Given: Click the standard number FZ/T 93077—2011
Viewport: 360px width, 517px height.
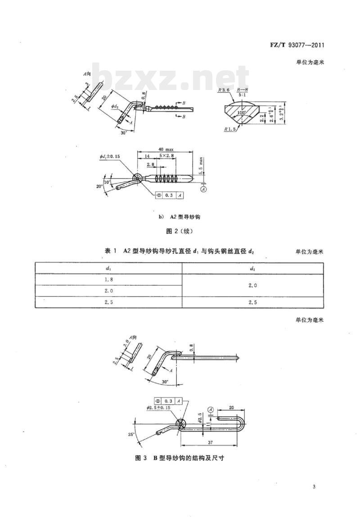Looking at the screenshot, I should (298, 45).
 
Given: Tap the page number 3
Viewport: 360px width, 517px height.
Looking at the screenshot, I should (314, 487).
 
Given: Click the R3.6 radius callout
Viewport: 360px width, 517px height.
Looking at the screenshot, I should (222, 90).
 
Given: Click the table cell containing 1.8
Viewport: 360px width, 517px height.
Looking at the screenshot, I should (108, 279).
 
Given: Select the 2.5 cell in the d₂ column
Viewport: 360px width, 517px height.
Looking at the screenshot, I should (252, 302).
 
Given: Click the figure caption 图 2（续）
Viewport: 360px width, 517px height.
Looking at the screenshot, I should (180, 232).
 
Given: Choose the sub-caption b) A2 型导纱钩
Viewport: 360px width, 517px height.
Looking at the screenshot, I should (180, 216).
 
